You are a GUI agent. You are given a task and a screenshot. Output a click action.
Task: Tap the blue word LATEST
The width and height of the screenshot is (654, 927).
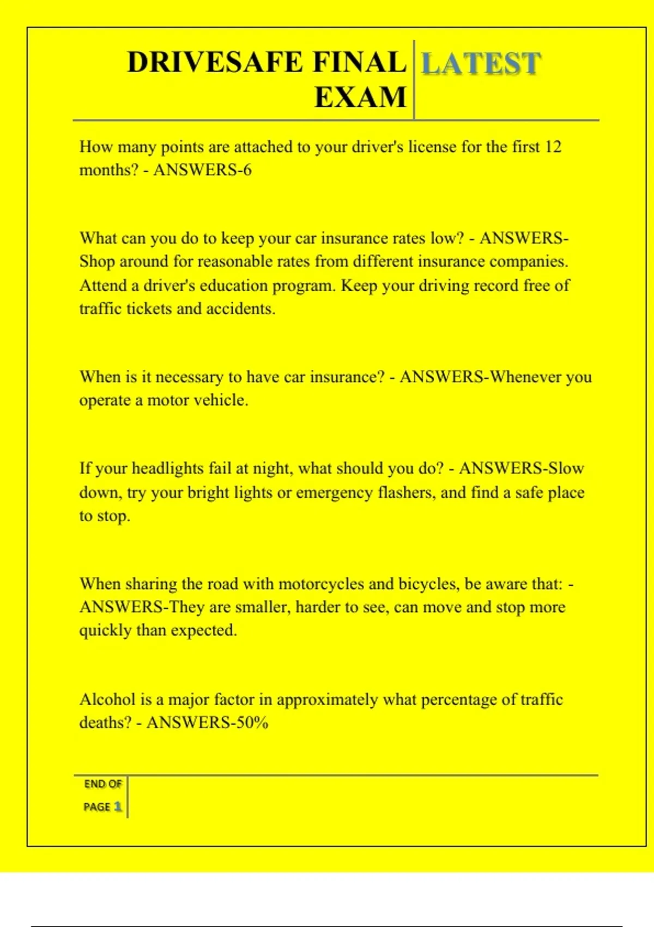pos(481,63)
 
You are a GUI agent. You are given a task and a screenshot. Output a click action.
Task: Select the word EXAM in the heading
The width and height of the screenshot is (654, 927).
pos(360,98)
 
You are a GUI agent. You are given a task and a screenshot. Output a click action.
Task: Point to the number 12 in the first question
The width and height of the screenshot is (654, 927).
pos(553,147)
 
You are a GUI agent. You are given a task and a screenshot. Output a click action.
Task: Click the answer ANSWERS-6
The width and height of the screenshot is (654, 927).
pos(202,170)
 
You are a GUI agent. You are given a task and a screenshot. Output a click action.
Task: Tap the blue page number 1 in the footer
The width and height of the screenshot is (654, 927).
pos(118,806)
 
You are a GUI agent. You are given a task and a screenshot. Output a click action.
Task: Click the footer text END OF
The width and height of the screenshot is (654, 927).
pos(102,784)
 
